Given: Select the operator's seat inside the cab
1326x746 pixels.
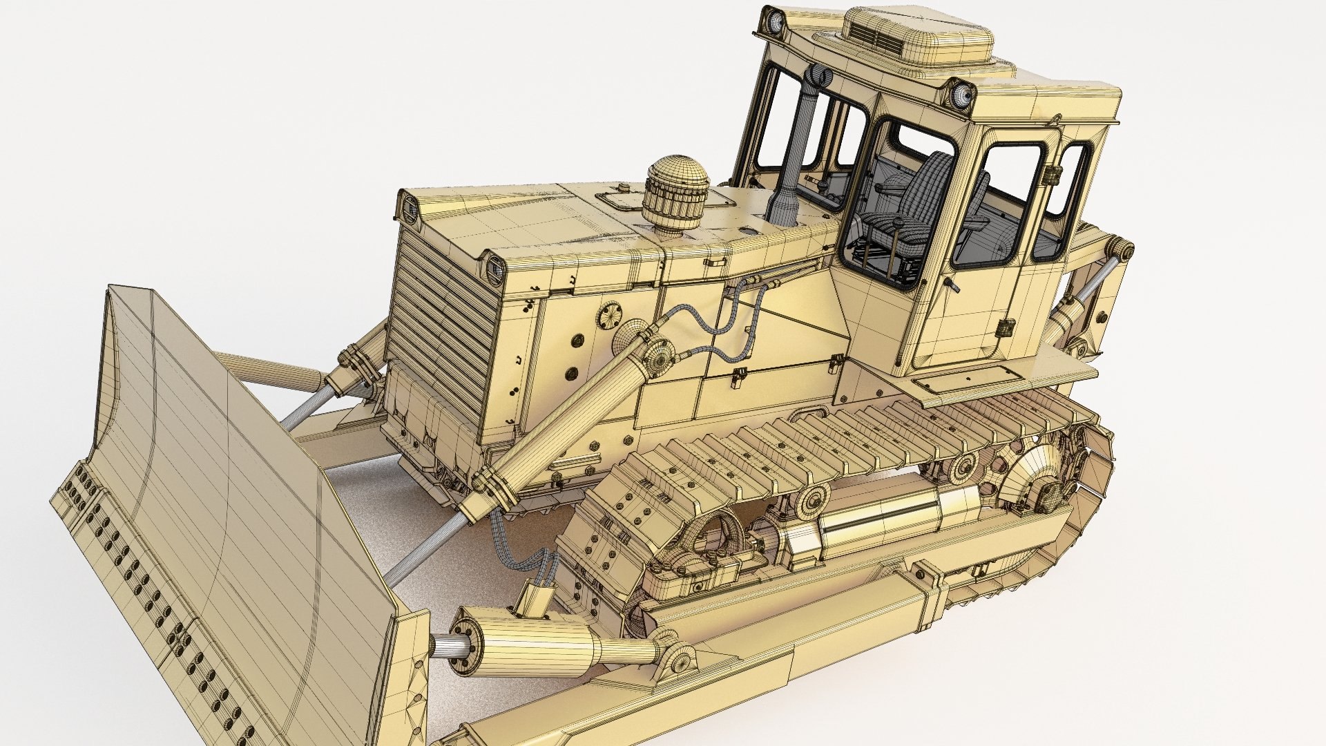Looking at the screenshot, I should [x=912, y=207].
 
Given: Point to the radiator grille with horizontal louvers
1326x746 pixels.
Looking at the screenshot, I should [x=442, y=325].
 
